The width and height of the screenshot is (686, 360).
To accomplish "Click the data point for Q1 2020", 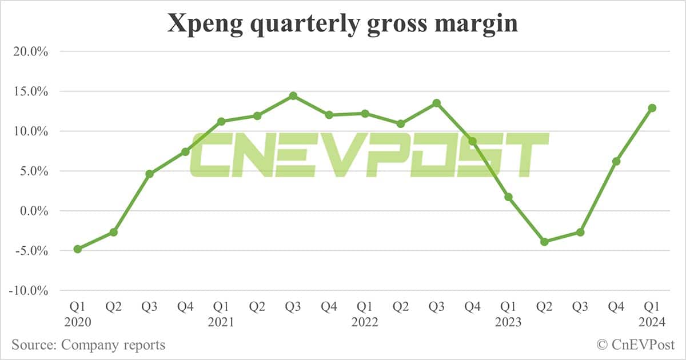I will pyautogui.click(x=77, y=249).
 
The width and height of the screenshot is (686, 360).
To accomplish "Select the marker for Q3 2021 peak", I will pyautogui.click(x=293, y=95).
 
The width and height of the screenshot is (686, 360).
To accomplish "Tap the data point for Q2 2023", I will pyautogui.click(x=544, y=242).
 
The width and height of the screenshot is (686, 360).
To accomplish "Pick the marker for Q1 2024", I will pyautogui.click(x=652, y=108).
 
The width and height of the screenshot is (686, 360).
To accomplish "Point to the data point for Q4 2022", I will pyautogui.click(x=472, y=141).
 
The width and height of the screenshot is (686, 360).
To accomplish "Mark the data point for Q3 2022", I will pyautogui.click(x=436, y=103).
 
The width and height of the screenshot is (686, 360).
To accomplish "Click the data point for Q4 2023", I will pyautogui.click(x=616, y=162).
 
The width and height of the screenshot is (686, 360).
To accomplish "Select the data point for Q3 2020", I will pyautogui.click(x=149, y=174).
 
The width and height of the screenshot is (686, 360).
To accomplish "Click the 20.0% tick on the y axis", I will pyautogui.click(x=31, y=51).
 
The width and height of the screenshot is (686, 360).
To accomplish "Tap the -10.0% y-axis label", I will pyautogui.click(x=29, y=290).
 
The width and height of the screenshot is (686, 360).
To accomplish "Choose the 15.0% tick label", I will pyautogui.click(x=31, y=91).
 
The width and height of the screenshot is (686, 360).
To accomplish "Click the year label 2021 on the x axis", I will pyautogui.click(x=221, y=323).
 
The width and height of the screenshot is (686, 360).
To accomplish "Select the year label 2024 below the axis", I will pyautogui.click(x=652, y=323).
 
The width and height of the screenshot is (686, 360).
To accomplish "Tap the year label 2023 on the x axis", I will pyautogui.click(x=508, y=323).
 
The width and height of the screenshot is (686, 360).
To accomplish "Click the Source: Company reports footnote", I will pyautogui.click(x=88, y=345).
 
